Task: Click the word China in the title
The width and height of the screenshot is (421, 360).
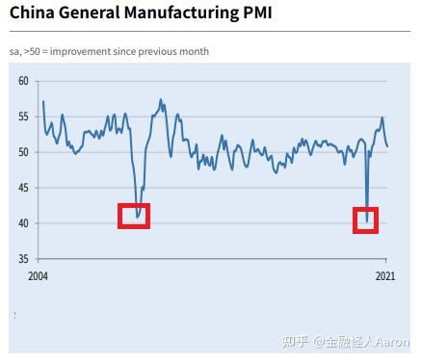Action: (34, 15)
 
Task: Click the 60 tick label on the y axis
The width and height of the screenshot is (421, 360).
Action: (22, 81)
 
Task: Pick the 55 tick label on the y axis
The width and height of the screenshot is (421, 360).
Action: (22, 116)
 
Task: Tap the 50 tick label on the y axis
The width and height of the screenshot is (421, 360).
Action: (22, 152)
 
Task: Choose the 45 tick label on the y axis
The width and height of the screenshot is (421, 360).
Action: (22, 188)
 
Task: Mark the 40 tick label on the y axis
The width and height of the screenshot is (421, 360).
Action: (22, 223)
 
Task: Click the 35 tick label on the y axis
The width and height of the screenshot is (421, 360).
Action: (22, 259)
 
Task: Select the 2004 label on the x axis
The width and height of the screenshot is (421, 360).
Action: (39, 276)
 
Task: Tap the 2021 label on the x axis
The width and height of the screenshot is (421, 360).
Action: (385, 276)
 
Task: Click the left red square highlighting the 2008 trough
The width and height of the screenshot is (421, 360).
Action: (134, 216)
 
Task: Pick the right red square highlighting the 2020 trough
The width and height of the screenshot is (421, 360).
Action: (366, 219)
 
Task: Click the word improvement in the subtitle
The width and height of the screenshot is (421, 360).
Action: (82, 51)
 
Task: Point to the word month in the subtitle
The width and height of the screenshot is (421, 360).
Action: (195, 51)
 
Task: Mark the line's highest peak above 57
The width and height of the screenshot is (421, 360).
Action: (161, 99)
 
